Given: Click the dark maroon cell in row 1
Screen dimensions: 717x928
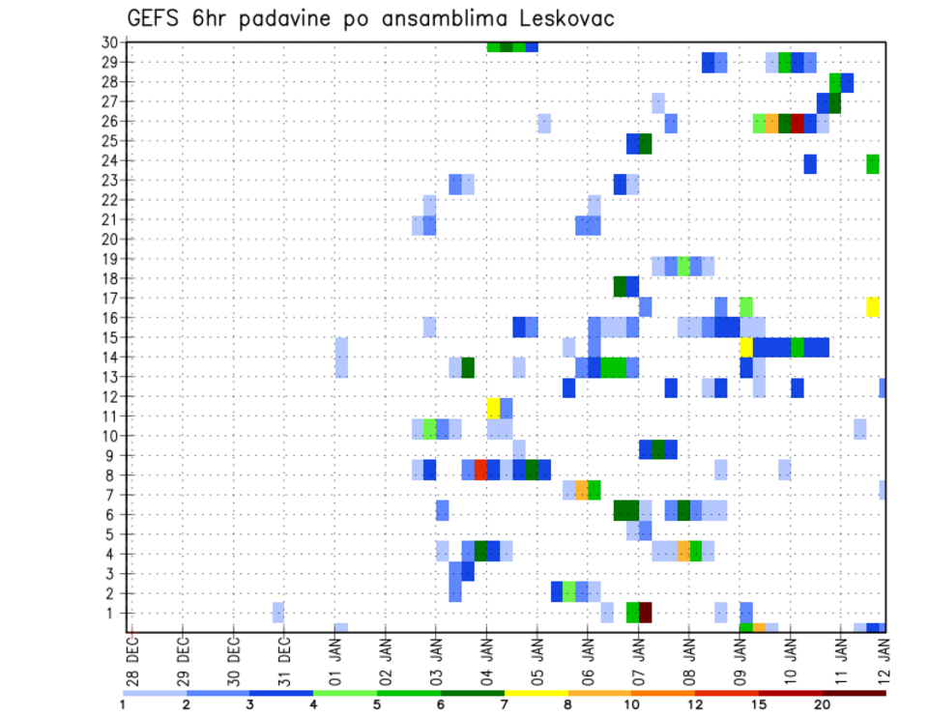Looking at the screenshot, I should (x=645, y=613).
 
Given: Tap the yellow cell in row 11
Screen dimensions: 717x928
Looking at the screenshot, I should (x=493, y=407).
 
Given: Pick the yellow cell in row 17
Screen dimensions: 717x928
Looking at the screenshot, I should (x=873, y=307).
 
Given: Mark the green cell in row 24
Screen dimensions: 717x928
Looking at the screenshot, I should (x=873, y=164).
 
